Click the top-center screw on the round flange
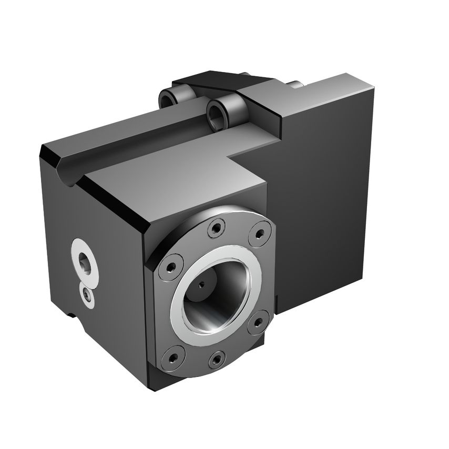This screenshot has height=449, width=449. pos(216,228)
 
